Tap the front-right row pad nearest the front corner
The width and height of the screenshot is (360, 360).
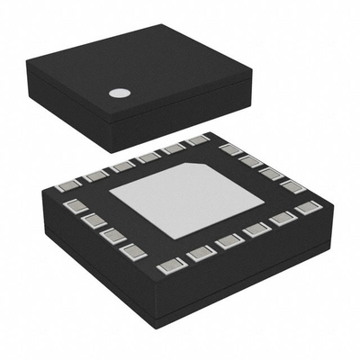click(x=199, y=252)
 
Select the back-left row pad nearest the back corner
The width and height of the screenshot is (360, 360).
click(x=197, y=140)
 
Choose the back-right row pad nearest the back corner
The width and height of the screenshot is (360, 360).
click(x=229, y=148)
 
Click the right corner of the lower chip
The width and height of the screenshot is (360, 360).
click(x=333, y=212)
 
